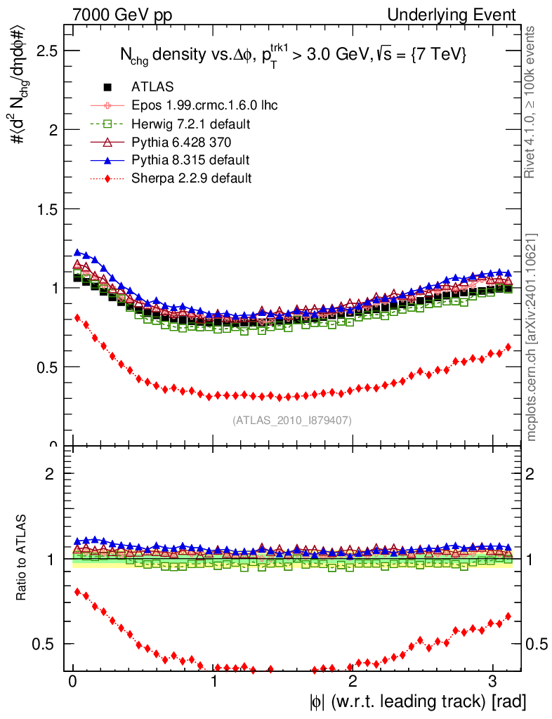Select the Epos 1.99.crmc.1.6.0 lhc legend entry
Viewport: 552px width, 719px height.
pos(204,105)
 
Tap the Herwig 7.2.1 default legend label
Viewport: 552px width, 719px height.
pos(191,124)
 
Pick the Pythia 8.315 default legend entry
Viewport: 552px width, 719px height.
pos(190,160)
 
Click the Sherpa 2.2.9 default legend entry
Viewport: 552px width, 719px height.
pos(191,178)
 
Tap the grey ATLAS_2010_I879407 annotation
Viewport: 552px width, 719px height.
pos(292,421)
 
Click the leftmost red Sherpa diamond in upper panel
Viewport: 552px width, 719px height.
pos(77,317)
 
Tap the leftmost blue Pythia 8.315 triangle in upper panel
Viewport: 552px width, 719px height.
pos(77,252)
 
